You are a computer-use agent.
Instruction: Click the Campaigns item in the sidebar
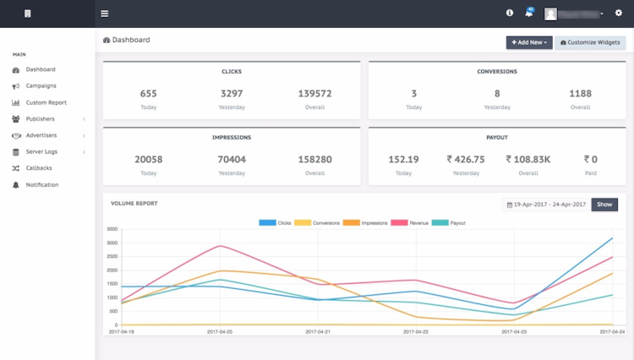(41, 85)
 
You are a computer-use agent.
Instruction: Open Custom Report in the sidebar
(46, 102)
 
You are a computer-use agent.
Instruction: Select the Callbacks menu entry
(39, 168)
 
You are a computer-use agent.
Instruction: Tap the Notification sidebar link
(42, 184)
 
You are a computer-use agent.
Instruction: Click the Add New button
(529, 42)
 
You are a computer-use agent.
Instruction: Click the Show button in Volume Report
(604, 205)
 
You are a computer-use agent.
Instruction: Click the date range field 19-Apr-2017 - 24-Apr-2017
(545, 205)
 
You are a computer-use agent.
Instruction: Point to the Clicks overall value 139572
(314, 94)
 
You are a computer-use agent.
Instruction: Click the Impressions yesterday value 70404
(232, 159)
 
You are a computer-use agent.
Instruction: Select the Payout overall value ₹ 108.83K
(528, 159)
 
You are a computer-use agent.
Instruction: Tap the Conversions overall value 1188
(580, 94)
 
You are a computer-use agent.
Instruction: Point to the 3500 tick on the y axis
(112, 229)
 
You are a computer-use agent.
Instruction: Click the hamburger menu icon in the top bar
(105, 14)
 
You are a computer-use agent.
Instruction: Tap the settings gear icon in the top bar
(618, 14)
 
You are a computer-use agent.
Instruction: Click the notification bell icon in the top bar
(528, 14)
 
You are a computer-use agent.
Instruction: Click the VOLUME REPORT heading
(134, 204)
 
